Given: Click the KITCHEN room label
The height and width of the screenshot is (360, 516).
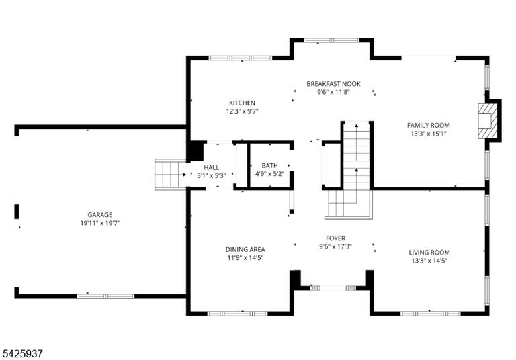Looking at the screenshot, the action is point(242,103).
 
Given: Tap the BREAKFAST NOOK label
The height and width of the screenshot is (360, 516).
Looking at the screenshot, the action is point(333,84).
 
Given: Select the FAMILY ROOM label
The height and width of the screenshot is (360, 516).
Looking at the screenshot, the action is point(428,125).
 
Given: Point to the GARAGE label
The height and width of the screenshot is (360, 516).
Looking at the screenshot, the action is point(99,214).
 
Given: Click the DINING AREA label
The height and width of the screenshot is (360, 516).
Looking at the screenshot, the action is point(245,249).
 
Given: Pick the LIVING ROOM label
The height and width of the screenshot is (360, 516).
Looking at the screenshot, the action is point(429,253).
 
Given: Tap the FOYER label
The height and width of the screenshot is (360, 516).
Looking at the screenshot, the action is point(336,238).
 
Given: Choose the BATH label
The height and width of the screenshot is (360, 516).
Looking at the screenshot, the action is point(269,165).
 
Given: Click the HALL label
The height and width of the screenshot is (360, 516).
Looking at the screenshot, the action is point(211,167).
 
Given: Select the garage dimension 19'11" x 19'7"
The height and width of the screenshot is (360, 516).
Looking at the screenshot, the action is point(99,223).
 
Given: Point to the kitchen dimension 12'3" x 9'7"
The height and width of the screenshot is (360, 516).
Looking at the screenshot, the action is point(242,111).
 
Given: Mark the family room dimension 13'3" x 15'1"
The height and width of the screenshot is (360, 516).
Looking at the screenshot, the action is point(428,134).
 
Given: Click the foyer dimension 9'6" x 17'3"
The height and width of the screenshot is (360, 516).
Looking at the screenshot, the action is point(336,246).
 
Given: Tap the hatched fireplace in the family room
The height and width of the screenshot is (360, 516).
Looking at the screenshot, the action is point(488,121).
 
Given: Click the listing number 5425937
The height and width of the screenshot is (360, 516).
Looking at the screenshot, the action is point(22,353).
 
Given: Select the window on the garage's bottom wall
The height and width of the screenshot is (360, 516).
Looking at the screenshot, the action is point(105,296).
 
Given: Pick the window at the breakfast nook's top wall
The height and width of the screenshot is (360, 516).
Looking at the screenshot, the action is point(331,40).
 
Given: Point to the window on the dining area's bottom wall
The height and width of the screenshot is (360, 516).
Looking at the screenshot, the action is point(238,313).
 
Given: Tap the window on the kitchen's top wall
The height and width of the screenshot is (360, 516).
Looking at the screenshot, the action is point(241,58).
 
